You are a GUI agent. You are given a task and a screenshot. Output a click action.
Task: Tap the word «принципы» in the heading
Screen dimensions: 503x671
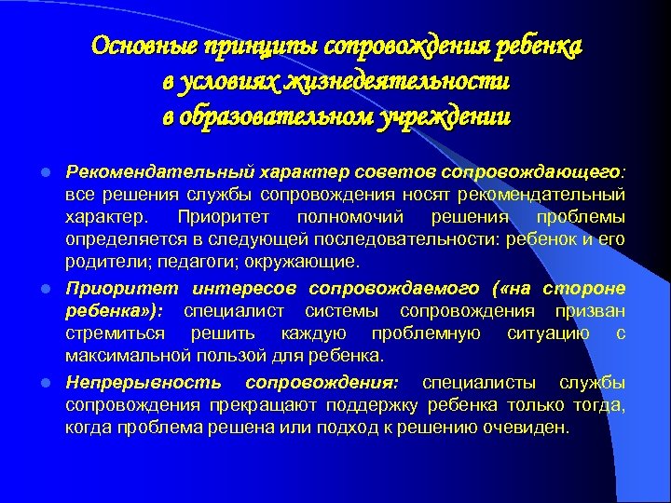coord(244,48)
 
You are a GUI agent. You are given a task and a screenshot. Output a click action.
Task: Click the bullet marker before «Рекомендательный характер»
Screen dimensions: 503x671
coord(52,172)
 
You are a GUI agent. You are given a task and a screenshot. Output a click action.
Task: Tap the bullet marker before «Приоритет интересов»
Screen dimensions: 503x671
coord(52,289)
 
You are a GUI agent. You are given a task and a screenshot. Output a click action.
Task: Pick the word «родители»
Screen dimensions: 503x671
coord(100,264)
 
